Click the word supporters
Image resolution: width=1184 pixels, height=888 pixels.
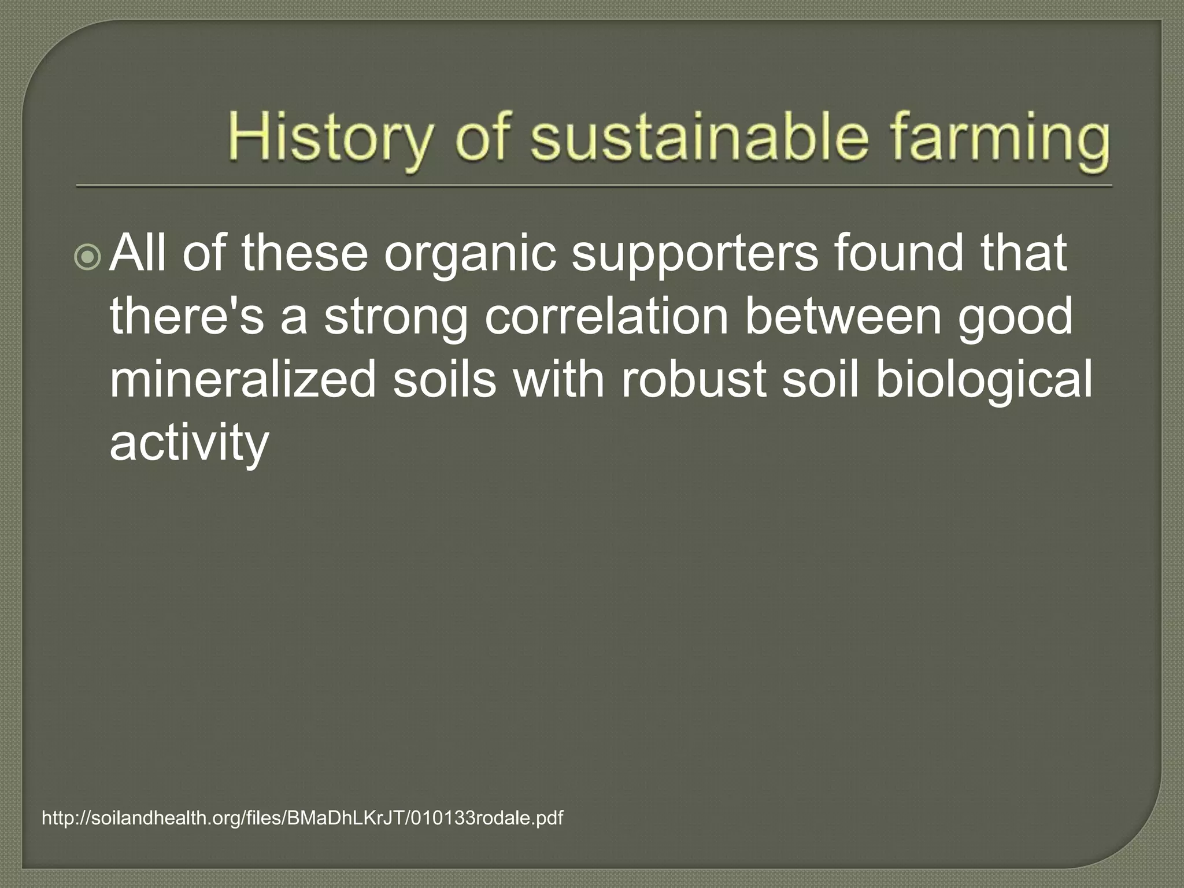coord(695,255)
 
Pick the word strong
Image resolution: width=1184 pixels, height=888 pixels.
coord(395,319)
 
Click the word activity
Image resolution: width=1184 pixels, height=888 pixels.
coord(189,443)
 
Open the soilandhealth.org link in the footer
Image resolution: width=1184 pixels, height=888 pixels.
coord(302,818)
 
